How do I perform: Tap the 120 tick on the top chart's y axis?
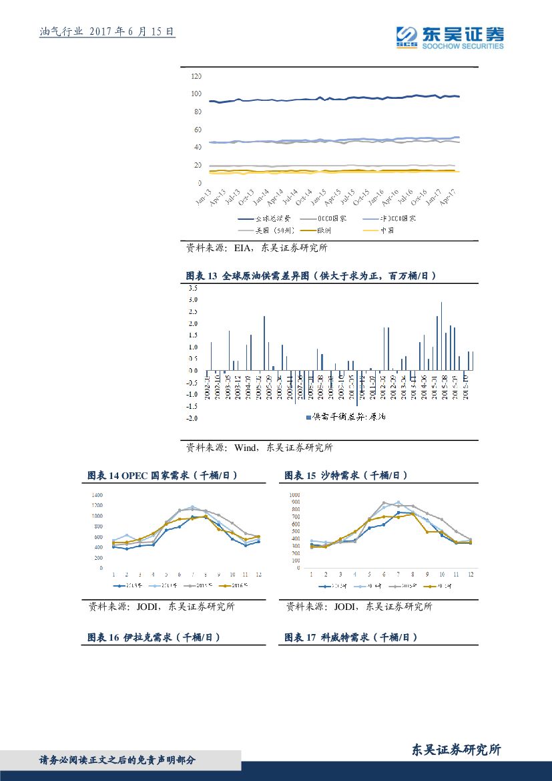coord(196,76)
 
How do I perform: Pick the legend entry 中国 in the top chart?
coord(386,230)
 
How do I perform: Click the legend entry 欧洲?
coord(328,230)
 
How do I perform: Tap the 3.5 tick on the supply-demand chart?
coord(192,288)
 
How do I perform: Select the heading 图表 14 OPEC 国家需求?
coord(162,476)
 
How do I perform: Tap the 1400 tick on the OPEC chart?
coord(97,495)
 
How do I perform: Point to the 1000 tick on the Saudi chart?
coord(294,495)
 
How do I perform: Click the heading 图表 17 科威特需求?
coord(351,637)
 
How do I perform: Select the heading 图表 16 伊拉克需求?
coord(154,637)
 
